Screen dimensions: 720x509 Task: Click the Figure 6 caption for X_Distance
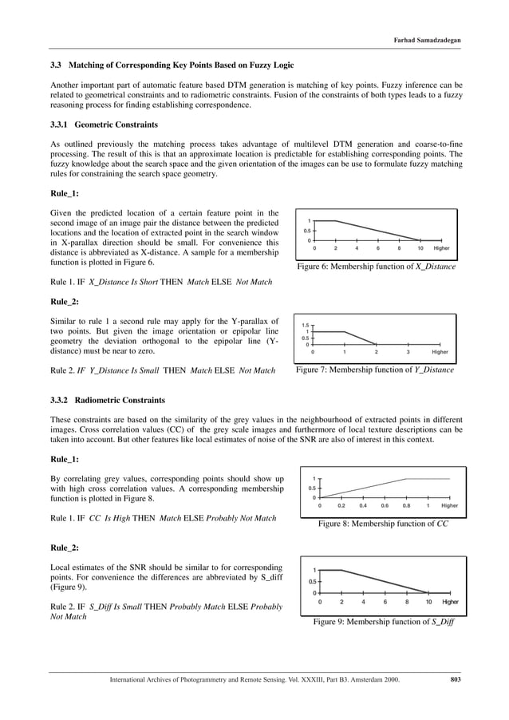point(376,267)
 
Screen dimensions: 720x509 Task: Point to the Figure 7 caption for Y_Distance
point(375,370)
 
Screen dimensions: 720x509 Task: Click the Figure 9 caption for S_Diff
point(384,620)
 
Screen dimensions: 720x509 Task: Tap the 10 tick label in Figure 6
point(420,248)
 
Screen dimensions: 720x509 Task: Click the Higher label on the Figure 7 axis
point(440,351)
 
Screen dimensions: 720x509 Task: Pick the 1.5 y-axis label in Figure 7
point(305,326)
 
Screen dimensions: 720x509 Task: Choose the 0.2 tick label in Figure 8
point(341,504)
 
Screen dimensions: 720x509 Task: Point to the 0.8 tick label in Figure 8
point(407,504)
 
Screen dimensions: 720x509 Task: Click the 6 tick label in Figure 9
point(385,602)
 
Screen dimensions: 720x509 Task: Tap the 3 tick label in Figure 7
point(408,351)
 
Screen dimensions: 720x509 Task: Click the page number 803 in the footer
point(456,678)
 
